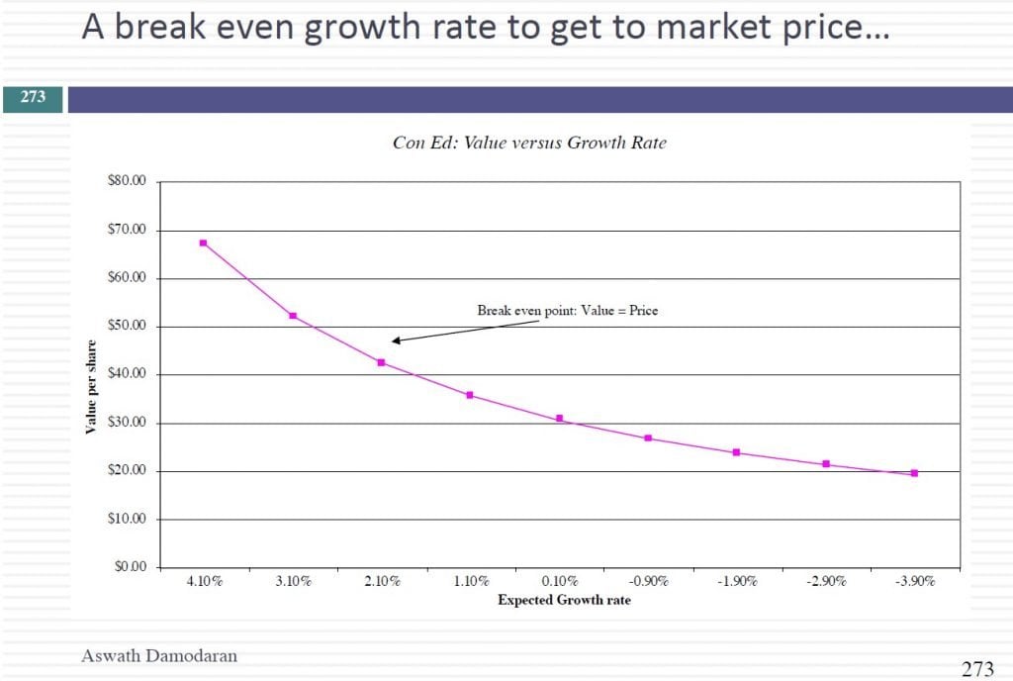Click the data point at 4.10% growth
coord(203,243)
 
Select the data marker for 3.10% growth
coord(293,316)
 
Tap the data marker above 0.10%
coord(559,419)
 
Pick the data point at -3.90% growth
coord(914,473)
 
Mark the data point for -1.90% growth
coord(736,452)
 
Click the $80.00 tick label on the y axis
coord(126,182)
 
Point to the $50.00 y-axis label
coord(126,327)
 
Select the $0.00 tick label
coord(129,567)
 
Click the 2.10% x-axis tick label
coord(382,582)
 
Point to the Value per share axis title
coord(91,387)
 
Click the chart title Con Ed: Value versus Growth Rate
coord(529,143)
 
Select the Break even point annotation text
coord(567,311)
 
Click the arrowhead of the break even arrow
coord(396,340)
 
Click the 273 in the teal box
coord(33,98)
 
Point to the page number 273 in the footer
coord(977,669)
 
